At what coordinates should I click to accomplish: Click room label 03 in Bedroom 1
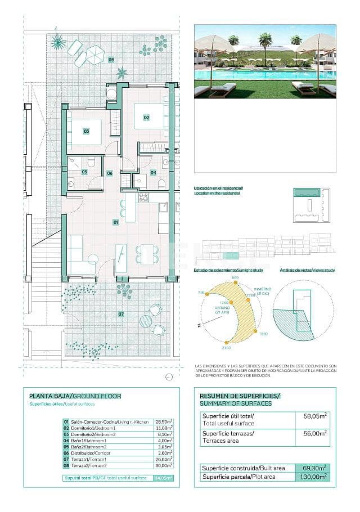87,131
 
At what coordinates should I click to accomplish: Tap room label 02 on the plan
146,118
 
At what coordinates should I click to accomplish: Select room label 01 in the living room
116,222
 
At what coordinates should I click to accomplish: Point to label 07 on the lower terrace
121,313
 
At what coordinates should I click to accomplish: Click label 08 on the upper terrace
111,60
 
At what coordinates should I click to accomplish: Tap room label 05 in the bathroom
84,172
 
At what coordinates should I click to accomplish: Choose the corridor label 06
110,173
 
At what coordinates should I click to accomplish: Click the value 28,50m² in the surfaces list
163,421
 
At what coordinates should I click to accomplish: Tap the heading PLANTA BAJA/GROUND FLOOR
75,396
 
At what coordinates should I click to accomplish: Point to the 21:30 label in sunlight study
226,348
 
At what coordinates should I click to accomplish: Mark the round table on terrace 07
146,321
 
